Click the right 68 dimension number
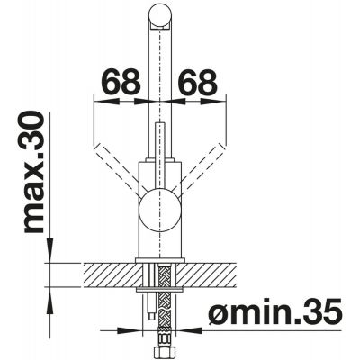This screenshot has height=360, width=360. (x=197, y=81)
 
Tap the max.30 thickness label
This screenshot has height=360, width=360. (x=33, y=172)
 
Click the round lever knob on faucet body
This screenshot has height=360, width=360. (x=160, y=211)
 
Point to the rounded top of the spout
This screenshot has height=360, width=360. (x=160, y=14)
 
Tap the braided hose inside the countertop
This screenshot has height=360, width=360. (x=165, y=275)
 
